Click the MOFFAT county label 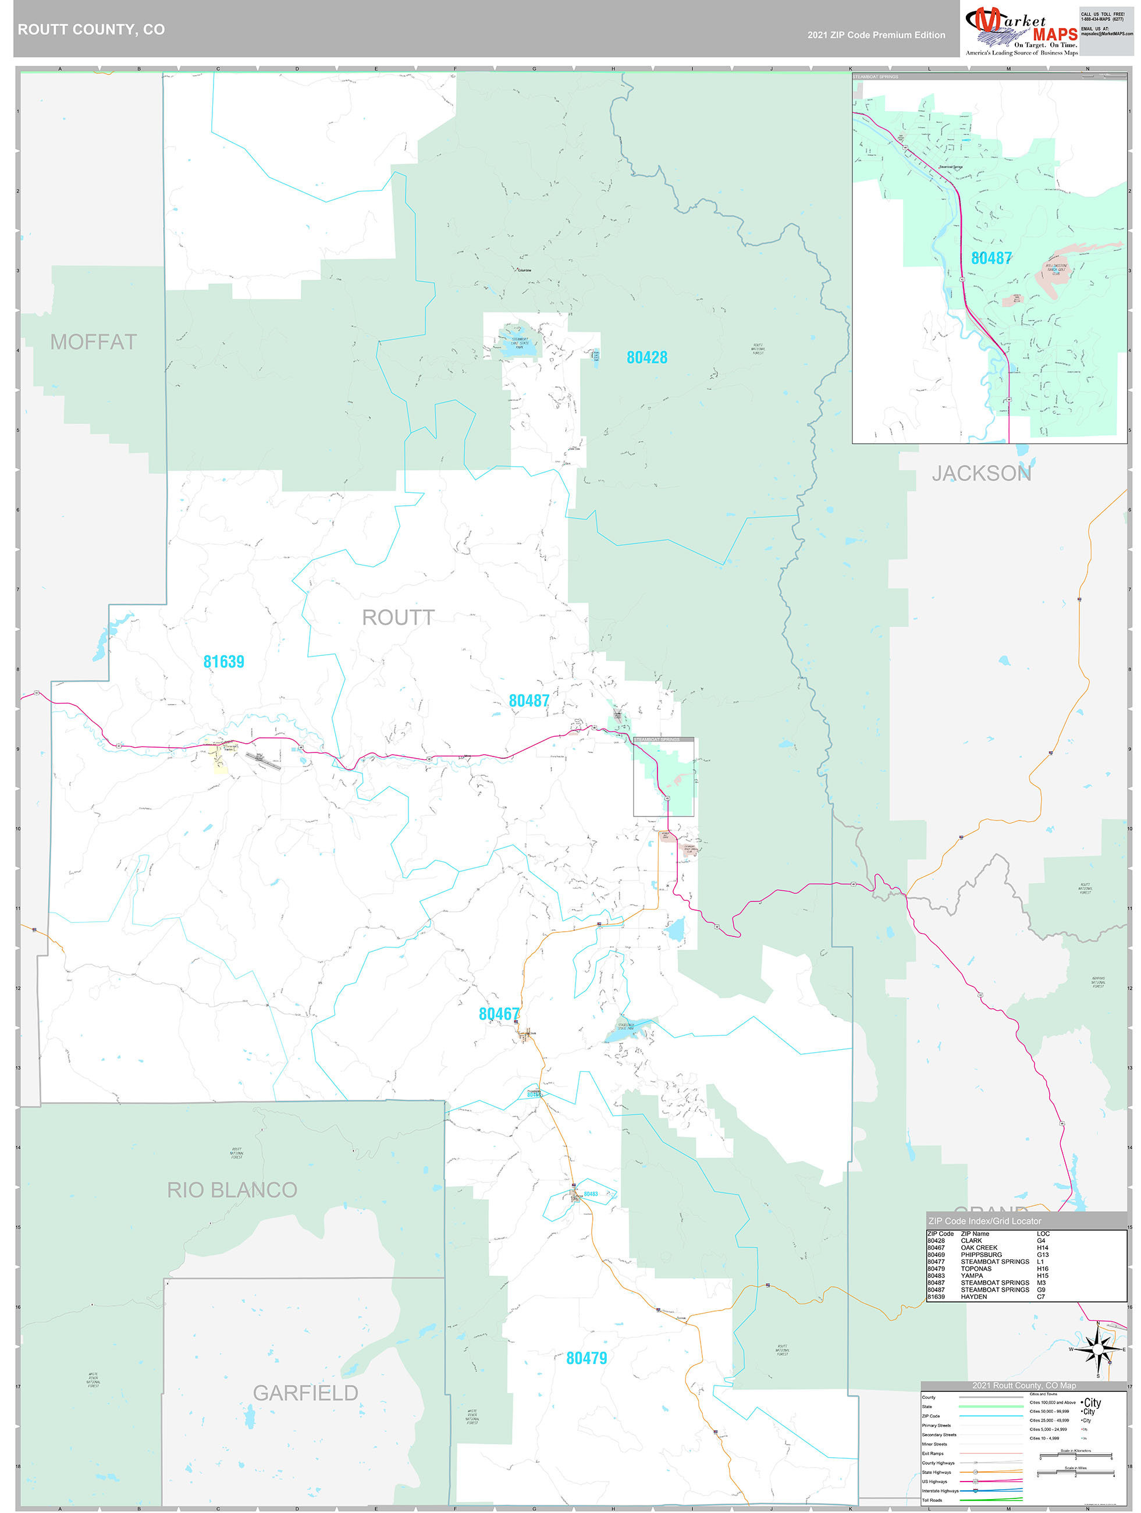pyautogui.click(x=93, y=342)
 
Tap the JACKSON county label pyautogui.click(x=981, y=473)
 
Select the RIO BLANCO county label pyautogui.click(x=232, y=1190)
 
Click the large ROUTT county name pyautogui.click(x=397, y=617)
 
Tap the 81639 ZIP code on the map pyautogui.click(x=223, y=662)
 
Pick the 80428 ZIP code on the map pyautogui.click(x=646, y=357)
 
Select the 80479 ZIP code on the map pyautogui.click(x=587, y=1358)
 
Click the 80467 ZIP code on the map pyautogui.click(x=499, y=1014)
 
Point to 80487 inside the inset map pyautogui.click(x=991, y=258)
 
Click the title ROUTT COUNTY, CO pyautogui.click(x=91, y=30)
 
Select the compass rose pyautogui.click(x=1098, y=1349)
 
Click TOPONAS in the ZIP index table pyautogui.click(x=975, y=1269)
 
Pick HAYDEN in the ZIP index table pyautogui.click(x=973, y=1297)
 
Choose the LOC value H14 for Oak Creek pyautogui.click(x=1042, y=1248)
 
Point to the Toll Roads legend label pyautogui.click(x=932, y=1500)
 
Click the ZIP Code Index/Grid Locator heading pyautogui.click(x=984, y=1221)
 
